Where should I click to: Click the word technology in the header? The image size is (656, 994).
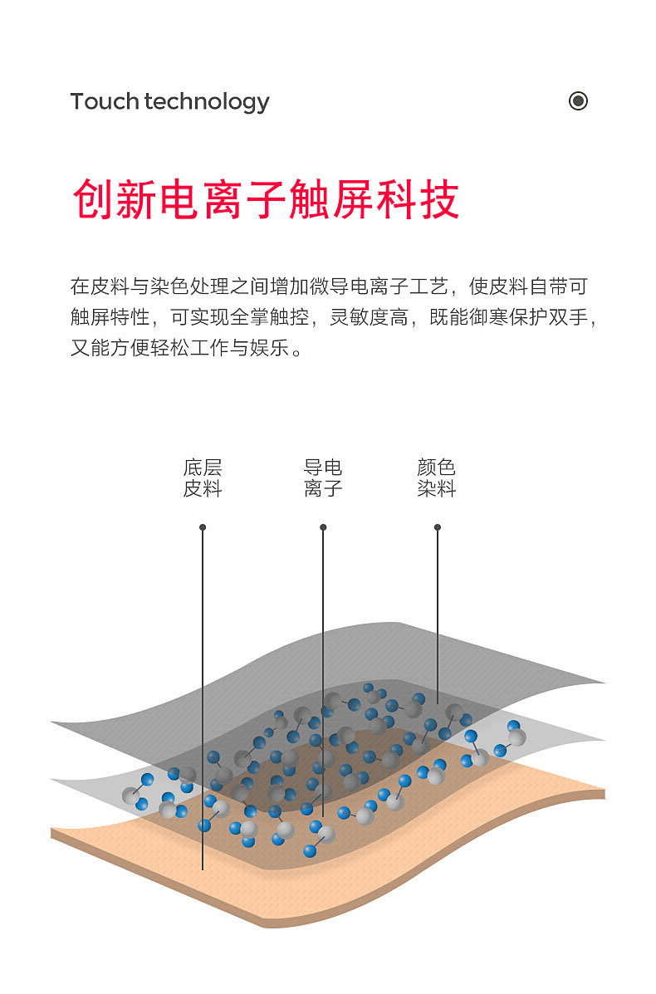(x=207, y=102)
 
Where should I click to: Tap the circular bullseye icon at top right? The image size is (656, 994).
(x=578, y=100)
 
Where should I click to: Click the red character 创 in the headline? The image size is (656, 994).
(x=93, y=199)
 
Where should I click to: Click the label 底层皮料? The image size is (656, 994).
(x=203, y=478)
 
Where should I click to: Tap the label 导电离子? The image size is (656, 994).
(x=323, y=478)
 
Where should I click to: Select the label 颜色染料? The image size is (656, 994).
(x=437, y=478)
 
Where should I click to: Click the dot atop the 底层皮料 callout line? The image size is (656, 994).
(x=203, y=527)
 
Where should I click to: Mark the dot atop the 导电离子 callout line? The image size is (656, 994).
(x=323, y=527)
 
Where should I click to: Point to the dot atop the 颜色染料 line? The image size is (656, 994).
(x=438, y=527)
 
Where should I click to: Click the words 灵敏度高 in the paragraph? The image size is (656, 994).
(x=370, y=317)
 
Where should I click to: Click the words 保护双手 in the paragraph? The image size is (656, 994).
(x=553, y=317)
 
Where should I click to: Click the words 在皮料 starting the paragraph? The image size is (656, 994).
(x=100, y=287)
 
